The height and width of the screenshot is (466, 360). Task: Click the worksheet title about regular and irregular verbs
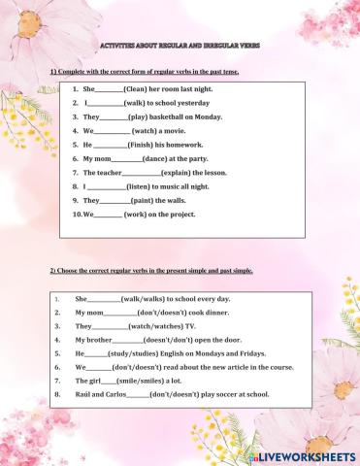click(x=180, y=45)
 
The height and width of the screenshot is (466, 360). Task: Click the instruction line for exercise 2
click(x=150, y=271)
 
